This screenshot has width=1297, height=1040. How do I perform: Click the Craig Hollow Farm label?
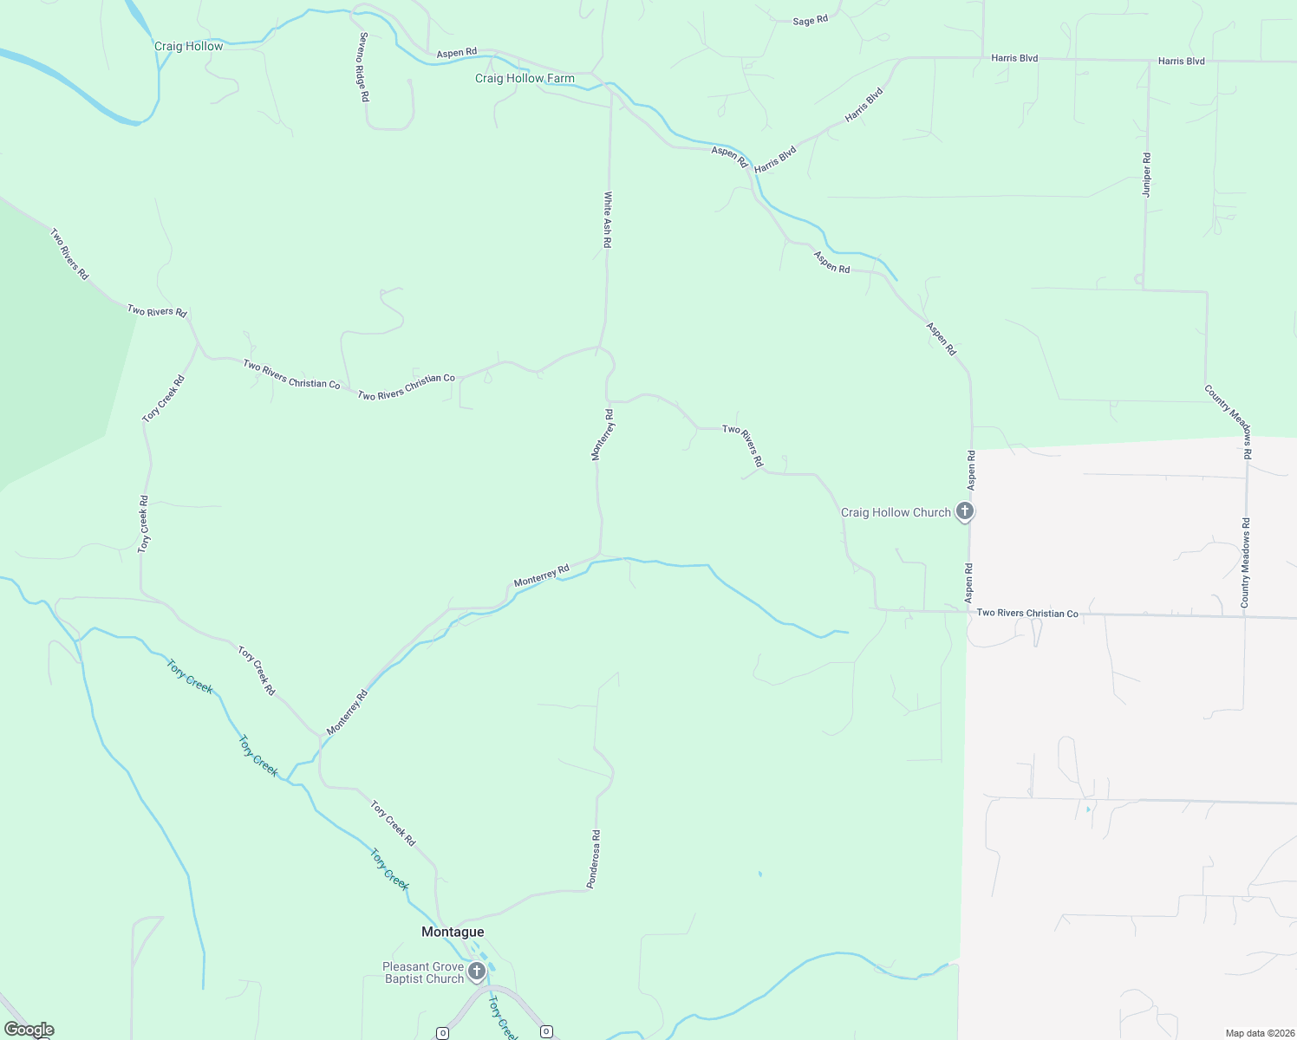525,79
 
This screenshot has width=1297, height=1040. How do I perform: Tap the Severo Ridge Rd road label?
364,68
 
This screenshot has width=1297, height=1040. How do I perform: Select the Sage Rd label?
810,20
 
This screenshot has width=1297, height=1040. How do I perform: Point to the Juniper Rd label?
1146,175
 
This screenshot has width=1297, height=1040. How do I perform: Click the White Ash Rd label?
608,220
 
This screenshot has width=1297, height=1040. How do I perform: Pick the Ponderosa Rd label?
594,859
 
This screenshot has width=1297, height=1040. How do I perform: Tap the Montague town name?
453,932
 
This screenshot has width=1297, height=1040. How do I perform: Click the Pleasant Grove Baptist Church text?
424,972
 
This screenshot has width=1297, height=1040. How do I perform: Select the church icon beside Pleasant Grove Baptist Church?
476,972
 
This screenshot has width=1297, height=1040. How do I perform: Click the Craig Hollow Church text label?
896,512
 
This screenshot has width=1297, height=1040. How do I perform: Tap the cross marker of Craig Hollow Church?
964,511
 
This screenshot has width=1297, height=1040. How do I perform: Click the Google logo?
29,1030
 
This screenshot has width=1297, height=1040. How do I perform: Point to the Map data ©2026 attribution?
1259,1033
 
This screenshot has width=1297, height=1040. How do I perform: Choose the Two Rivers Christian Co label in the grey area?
1027,613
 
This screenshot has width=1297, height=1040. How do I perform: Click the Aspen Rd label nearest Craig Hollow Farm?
456,53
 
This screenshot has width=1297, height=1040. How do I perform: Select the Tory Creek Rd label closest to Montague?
393,822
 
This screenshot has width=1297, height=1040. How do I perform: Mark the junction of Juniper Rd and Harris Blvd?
1149,61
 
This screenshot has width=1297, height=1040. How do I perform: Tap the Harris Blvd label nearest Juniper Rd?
1181,61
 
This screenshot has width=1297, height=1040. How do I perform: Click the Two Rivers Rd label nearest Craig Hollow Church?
743,446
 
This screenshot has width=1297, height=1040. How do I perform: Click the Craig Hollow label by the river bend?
188,46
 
